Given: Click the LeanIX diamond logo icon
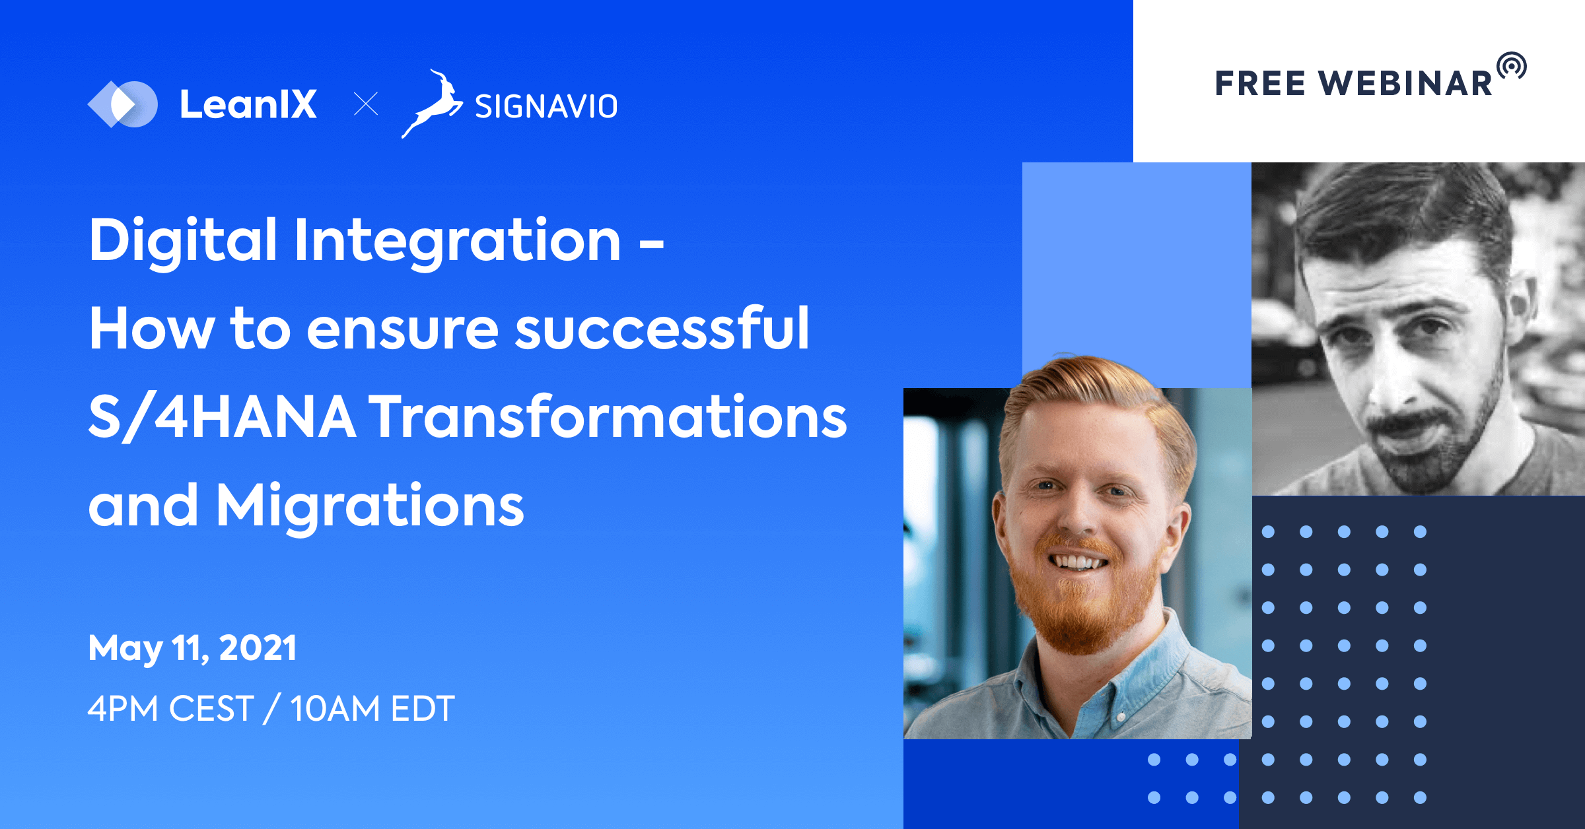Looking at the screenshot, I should click(123, 104).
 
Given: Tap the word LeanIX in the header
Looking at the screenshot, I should click(248, 104).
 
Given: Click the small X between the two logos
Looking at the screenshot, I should click(366, 104).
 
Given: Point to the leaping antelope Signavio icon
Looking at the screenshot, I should click(433, 104).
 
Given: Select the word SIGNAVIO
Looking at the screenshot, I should click(546, 106).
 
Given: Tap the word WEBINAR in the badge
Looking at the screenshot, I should click(1406, 84).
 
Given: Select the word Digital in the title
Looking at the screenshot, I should click(183, 240).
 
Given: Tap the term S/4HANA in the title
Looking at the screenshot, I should click(222, 416).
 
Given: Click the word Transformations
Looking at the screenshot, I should click(608, 416).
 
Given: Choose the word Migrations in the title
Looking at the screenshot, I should click(370, 506).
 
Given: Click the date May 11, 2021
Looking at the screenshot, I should click(192, 647).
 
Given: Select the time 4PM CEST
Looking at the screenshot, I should click(170, 709).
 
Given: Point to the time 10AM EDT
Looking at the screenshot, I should click(372, 709).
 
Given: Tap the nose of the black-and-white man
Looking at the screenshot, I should click(1390, 383).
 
